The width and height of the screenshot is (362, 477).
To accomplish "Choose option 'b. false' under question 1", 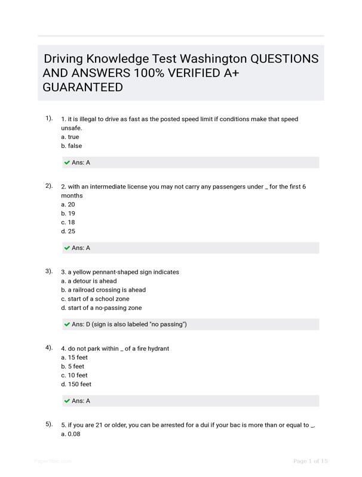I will (x=72, y=146).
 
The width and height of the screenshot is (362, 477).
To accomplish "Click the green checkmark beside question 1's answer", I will (x=67, y=162).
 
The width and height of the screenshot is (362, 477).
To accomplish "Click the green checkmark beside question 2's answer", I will (x=67, y=248).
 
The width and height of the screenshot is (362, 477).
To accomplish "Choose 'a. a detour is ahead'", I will (x=89, y=281).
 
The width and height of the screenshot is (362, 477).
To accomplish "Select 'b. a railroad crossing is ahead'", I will (x=103, y=290).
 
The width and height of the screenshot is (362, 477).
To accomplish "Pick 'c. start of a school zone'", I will (x=95, y=299).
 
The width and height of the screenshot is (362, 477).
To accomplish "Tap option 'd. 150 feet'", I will (x=76, y=385).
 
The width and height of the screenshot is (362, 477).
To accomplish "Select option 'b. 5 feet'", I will (x=72, y=367).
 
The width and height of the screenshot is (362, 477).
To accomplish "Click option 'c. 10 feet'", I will (x=74, y=376).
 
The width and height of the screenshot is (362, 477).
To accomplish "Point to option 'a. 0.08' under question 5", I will (x=70, y=434).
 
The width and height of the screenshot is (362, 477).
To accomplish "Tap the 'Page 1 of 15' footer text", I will (x=311, y=461).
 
